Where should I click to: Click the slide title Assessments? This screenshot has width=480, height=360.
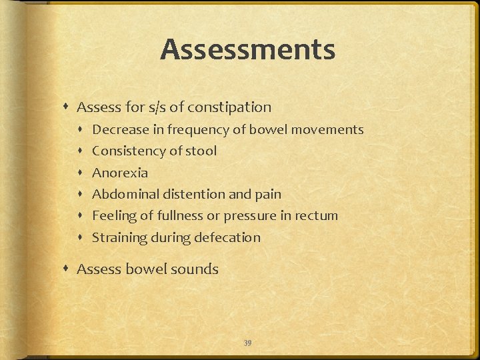(247, 49)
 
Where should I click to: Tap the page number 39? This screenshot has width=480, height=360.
(247, 343)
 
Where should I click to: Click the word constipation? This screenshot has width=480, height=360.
(229, 107)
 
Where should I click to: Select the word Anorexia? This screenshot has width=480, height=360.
(120, 173)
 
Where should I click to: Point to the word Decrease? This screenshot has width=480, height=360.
(119, 129)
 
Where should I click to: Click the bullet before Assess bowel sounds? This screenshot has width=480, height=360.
(69, 269)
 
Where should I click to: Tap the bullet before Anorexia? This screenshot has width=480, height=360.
(83, 173)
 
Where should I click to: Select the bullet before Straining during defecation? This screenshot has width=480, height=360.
(83, 237)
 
